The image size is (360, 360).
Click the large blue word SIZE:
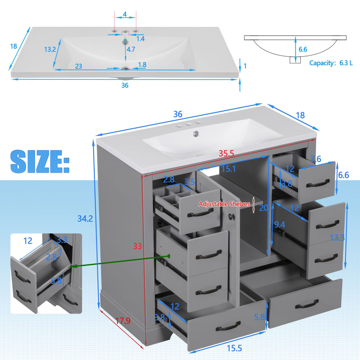click(x=40, y=162)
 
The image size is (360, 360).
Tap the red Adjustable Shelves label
click(x=224, y=204)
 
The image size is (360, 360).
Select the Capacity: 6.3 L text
click(x=331, y=63)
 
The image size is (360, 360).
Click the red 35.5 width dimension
click(x=226, y=154)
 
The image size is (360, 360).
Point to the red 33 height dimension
click(x=137, y=246)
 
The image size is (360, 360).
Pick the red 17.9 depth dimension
click(x=123, y=321)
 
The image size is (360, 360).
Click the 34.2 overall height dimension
click(x=85, y=218)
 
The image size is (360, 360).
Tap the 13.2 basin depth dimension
click(x=50, y=49)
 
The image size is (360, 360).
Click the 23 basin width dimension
click(x=79, y=66)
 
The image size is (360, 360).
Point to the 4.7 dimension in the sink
click(x=131, y=49)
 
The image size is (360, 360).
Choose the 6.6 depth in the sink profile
click(x=303, y=49)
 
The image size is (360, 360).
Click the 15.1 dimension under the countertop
click(x=228, y=169)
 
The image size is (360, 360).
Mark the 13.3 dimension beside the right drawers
click(x=337, y=238)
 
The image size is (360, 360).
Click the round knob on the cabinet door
click(x=231, y=216)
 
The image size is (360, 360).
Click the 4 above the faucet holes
click(x=125, y=14)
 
